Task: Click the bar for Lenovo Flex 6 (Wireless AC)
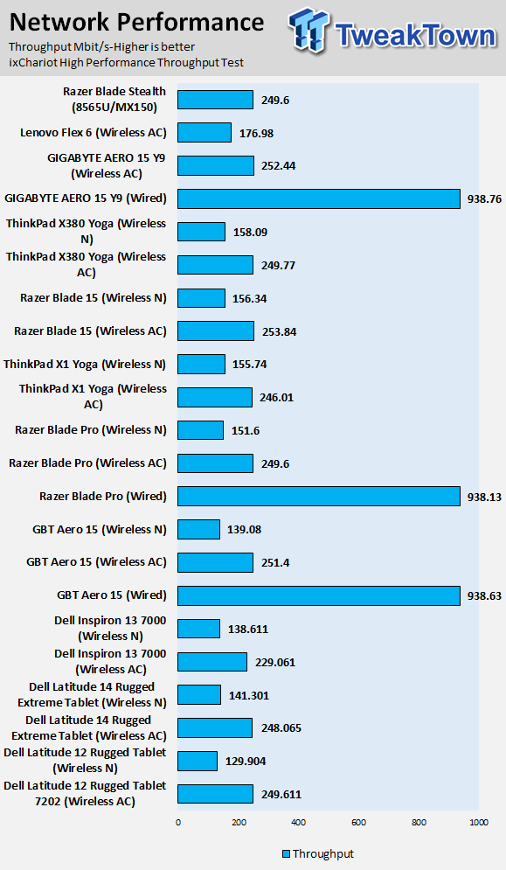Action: (x=204, y=133)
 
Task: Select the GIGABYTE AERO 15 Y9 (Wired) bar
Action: (x=318, y=198)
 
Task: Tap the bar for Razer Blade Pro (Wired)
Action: (x=318, y=496)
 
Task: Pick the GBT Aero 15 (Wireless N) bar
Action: (x=198, y=529)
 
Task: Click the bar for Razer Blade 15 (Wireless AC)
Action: (x=216, y=331)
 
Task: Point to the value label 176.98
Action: (x=256, y=133)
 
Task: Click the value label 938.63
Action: (x=484, y=595)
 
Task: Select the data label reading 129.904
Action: (x=246, y=762)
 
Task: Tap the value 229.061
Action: (x=275, y=663)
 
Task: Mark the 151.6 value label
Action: (x=246, y=430)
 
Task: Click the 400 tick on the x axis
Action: (x=299, y=822)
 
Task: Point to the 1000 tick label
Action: (x=479, y=822)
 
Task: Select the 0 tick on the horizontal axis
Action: (x=178, y=822)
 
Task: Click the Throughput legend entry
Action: (x=318, y=854)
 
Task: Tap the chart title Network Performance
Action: (x=136, y=22)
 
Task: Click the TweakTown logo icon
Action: (x=308, y=31)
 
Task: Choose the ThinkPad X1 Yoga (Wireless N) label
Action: (x=84, y=365)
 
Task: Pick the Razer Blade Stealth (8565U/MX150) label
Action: (x=114, y=100)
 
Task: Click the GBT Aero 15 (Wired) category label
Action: (x=112, y=595)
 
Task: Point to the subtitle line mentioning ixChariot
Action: (x=127, y=63)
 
